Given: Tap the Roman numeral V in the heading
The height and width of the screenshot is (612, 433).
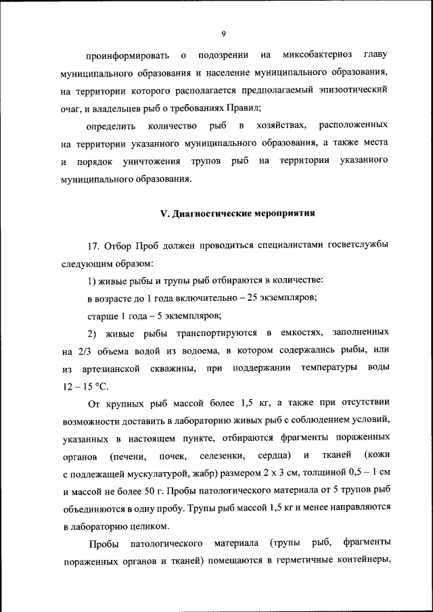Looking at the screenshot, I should [163, 214].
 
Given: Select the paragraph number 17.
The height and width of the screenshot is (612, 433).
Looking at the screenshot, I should [95, 244].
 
